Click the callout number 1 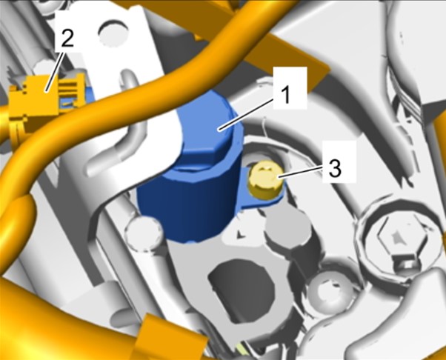(287, 94)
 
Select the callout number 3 (335, 168)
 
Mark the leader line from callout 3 (301, 172)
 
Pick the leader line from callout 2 (56, 69)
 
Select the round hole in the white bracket (113, 33)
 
